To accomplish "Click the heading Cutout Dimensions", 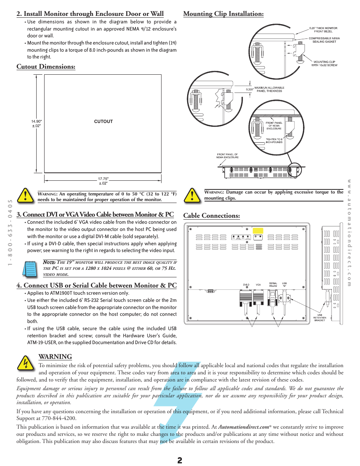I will click(46, 67).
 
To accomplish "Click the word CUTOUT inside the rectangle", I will click(103, 121).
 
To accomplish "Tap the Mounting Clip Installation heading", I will click(223, 14).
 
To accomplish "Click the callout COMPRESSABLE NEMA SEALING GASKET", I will click(324, 40).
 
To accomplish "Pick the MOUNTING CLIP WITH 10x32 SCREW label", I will click(324, 63).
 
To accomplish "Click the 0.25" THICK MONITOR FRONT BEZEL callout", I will click(323, 30).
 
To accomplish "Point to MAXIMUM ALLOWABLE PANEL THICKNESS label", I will click(269, 89).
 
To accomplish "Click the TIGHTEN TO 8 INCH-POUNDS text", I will click(274, 141).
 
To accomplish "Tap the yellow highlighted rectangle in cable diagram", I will click(258, 231).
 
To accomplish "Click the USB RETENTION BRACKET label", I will click(320, 318).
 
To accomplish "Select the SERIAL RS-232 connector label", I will click(273, 285).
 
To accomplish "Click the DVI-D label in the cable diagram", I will click(246, 285).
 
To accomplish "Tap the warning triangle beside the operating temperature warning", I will click(26, 195).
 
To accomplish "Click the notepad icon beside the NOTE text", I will click(29, 269).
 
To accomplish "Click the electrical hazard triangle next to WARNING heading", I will click(26, 363).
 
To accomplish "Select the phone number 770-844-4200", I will click(59, 418).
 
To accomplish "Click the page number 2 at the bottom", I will click(180, 460).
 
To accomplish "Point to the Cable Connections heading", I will click(211, 216).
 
